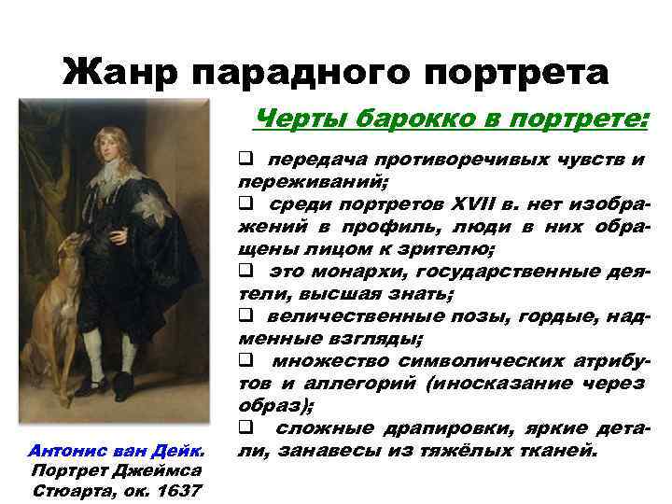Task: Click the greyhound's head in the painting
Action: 71,250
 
